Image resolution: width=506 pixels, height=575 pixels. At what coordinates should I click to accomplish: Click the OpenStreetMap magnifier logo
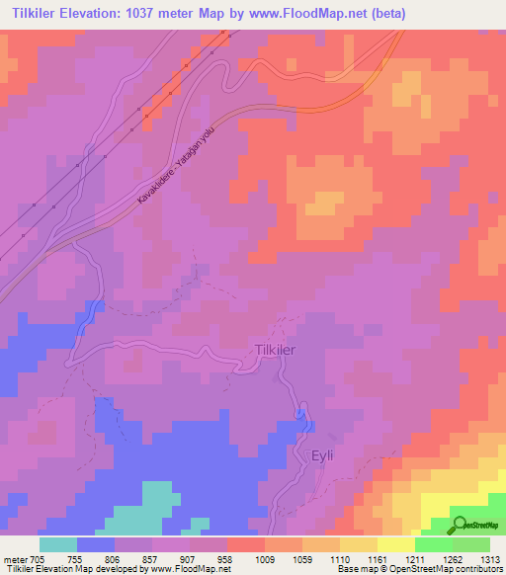click(459, 524)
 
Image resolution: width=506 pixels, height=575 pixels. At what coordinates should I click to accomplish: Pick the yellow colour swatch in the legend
click(395, 544)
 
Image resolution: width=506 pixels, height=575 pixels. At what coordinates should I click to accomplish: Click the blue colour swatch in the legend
click(96, 544)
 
